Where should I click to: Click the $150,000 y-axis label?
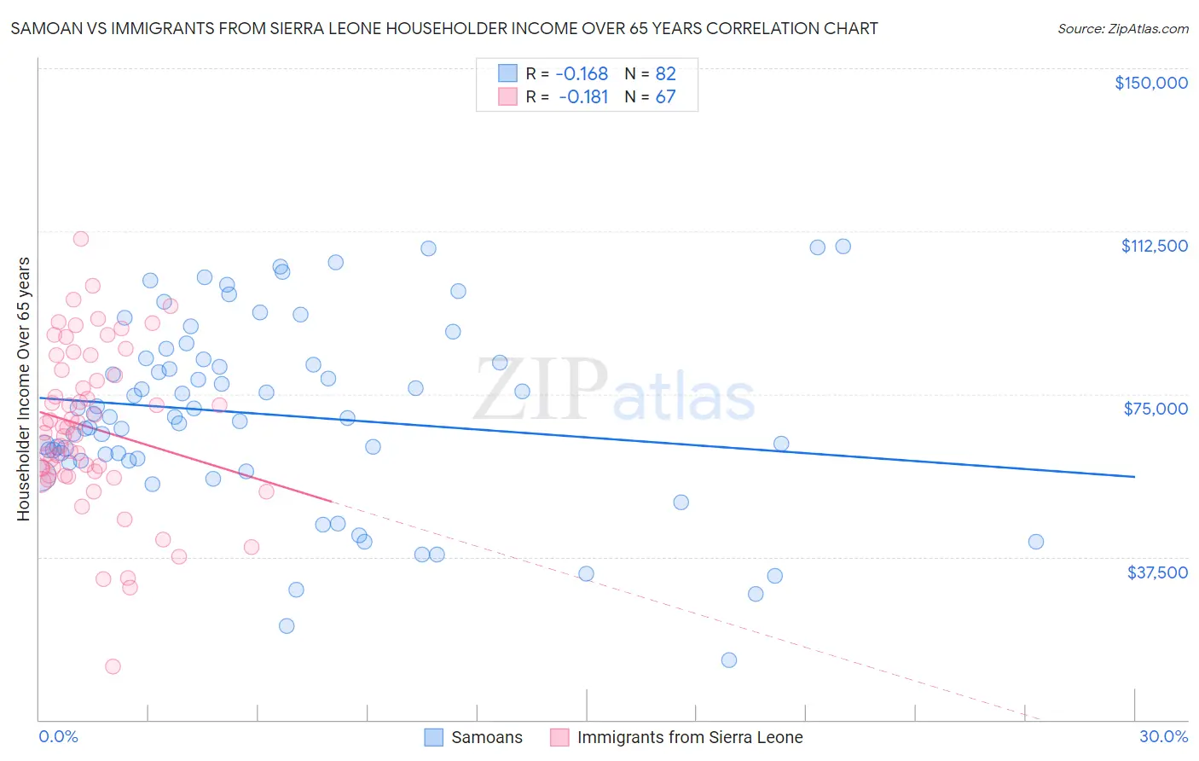1150,83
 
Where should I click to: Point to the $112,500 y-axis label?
1154,246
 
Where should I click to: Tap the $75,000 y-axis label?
1156,409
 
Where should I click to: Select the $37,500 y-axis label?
1157,572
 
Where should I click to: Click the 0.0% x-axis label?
58,736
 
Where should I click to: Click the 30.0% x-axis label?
1163,736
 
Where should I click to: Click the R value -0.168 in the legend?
582,73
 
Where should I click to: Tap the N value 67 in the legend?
665,96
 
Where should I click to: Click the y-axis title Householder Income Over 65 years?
23,389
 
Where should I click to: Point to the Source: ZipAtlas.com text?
1122,28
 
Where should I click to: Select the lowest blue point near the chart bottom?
728,659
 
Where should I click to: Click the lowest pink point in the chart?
113,666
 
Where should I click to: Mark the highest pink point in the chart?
81,239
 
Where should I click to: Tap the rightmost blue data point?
1035,542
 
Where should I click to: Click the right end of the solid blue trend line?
1134,476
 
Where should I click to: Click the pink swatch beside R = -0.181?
507,96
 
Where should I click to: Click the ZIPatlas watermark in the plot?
614,391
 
